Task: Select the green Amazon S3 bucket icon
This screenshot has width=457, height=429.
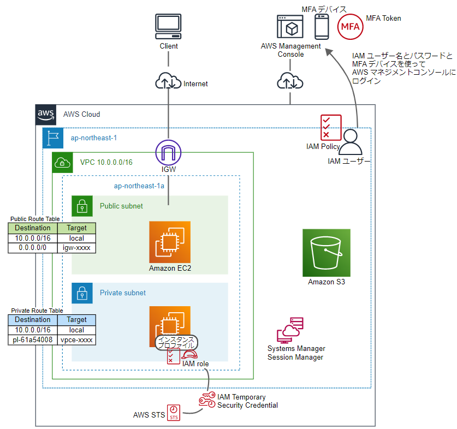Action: coord(327,253)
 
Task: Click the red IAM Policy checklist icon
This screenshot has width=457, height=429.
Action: coord(331,127)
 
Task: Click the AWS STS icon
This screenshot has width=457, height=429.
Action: coord(173,413)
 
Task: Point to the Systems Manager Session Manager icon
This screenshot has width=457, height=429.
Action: coord(290,330)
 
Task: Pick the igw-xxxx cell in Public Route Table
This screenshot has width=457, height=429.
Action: coord(77,248)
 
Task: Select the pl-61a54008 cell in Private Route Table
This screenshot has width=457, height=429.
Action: coord(33,340)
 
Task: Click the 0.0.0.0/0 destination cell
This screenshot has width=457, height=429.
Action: coord(33,248)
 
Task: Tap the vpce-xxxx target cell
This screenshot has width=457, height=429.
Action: coord(77,340)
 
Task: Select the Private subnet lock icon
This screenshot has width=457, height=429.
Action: coord(82,293)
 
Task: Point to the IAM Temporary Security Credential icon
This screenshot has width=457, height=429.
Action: coord(207,401)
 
